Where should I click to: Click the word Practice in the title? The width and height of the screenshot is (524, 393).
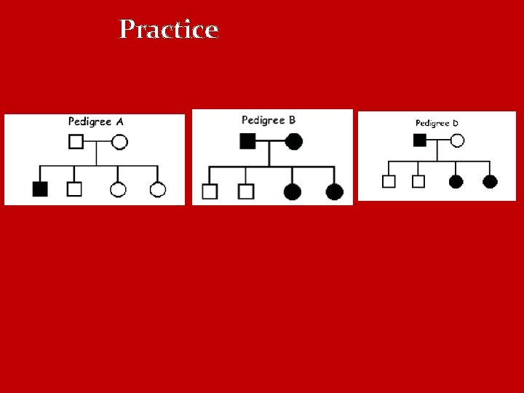tap(169, 30)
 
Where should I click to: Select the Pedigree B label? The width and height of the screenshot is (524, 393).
tap(268, 120)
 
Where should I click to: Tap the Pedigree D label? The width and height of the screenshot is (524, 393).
tap(437, 123)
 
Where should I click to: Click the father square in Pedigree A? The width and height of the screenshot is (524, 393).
tap(76, 142)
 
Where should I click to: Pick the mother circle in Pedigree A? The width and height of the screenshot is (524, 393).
tap(120, 142)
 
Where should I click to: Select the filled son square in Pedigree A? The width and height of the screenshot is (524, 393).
tap(40, 189)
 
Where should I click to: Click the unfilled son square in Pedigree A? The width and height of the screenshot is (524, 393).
tap(74, 189)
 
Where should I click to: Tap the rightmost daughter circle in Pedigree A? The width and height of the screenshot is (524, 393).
tap(158, 190)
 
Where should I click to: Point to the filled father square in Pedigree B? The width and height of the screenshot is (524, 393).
tap(247, 141)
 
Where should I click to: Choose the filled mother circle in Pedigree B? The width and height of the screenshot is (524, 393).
tap(294, 141)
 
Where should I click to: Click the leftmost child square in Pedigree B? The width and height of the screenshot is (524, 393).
tap(210, 191)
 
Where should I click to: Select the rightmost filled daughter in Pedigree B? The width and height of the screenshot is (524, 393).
tap(334, 191)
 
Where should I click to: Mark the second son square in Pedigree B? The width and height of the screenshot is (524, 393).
tap(246, 191)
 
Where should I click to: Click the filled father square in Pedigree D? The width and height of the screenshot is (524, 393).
tap(420, 140)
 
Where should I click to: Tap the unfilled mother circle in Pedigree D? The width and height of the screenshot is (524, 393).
tap(457, 140)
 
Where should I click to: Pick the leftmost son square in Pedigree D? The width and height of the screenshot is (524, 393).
tap(389, 181)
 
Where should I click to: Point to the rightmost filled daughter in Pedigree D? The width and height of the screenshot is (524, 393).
tap(490, 181)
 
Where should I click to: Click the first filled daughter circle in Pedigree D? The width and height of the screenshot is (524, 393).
tap(456, 181)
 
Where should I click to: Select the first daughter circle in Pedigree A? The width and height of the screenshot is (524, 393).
tap(118, 190)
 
